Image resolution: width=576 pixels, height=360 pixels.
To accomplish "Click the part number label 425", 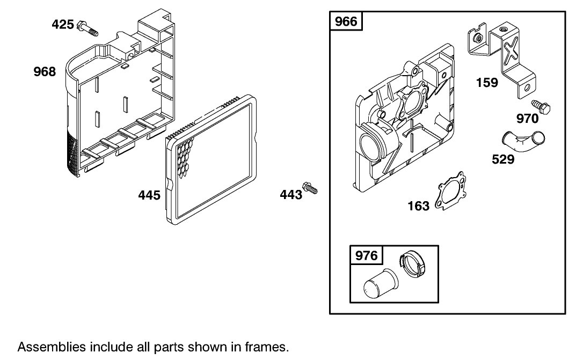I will coord(63,24).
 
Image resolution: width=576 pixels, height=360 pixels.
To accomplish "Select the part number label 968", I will coord(45,72).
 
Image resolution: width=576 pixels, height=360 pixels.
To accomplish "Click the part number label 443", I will coord(291,195).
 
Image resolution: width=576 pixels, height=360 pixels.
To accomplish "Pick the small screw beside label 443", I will coord(310,187).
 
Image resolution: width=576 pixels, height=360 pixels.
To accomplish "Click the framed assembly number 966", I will coord(346,22).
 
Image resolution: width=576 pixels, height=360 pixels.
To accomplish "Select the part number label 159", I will coord(487,83).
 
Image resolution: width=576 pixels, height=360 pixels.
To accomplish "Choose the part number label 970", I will coord(527,118).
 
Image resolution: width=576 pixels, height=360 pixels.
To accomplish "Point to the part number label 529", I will coord(503,159).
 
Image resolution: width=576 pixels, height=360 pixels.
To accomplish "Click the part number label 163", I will coord(419,206).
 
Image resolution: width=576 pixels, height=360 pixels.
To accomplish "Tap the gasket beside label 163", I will coord(450,192).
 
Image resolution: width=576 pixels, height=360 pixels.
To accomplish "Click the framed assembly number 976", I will coord(367,255).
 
